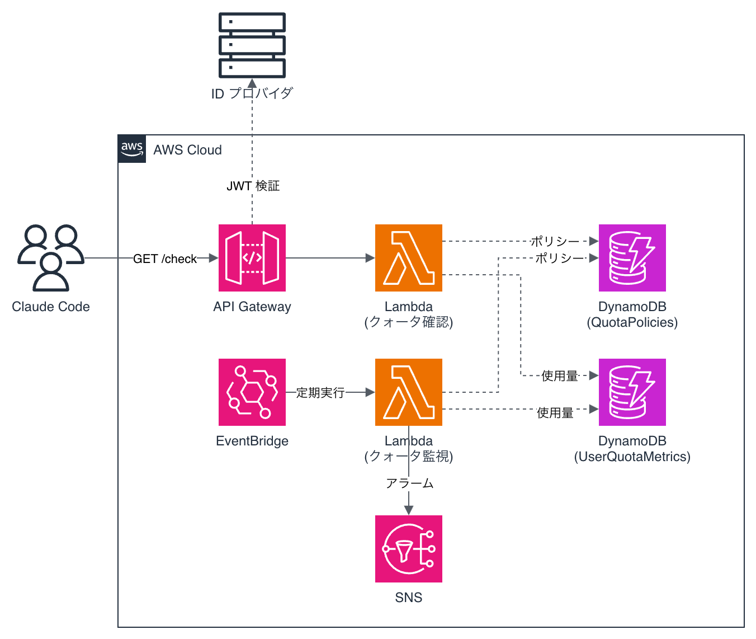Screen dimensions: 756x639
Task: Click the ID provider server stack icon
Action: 252,45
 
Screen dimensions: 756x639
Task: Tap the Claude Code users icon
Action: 51,257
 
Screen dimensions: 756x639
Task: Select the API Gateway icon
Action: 252,257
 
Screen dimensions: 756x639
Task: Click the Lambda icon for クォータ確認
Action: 408,257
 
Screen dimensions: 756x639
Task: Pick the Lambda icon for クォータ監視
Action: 408,392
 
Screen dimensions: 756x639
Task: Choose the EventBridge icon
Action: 252,392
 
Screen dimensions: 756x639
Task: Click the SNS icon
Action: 408,549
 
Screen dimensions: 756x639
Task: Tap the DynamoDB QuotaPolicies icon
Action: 632,257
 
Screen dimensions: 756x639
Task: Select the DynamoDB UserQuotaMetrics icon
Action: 632,392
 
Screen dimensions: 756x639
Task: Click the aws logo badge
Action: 132,149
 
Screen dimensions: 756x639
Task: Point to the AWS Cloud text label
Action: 187,150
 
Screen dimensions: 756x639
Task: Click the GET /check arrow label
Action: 165,259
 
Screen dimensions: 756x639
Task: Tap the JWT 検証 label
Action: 253,186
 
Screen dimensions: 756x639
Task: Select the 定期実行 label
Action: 320,393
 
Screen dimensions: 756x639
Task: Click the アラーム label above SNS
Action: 409,483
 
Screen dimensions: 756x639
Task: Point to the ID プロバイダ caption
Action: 252,93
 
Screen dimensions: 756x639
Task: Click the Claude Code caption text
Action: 51,307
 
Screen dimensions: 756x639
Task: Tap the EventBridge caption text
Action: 252,441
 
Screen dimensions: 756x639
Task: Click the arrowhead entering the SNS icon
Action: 408,510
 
